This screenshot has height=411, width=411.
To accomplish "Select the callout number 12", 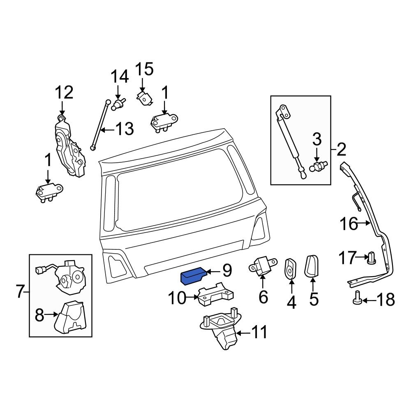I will point(64,92).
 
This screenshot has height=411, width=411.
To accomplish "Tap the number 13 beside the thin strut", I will point(124,129).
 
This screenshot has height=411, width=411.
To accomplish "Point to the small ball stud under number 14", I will point(118,104).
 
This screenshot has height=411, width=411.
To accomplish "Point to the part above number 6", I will point(261,267).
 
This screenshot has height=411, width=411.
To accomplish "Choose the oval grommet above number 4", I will point(291,269).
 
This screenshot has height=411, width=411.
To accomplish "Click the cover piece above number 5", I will point(312,266).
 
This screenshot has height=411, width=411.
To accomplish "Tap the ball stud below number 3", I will point(318,167).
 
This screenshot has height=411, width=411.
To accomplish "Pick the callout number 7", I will point(20,291).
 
